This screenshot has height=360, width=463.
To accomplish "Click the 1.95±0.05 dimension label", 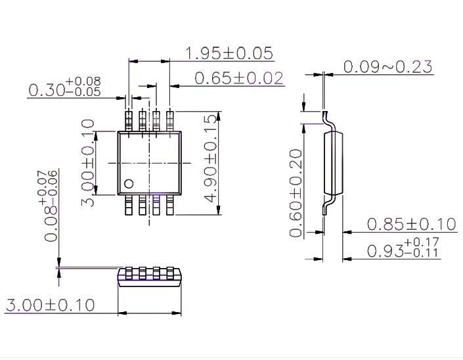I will pyautogui.click(x=229, y=53).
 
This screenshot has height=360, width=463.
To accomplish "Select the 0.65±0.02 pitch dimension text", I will pyautogui.click(x=239, y=78).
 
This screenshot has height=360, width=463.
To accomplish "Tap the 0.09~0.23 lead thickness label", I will pyautogui.click(x=387, y=66).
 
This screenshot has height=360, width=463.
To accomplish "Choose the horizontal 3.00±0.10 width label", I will pyautogui.click(x=50, y=305).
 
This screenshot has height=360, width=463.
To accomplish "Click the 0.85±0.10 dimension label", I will pyautogui.click(x=410, y=224).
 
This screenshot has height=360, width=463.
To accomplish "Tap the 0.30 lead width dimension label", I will pyautogui.click(x=64, y=89).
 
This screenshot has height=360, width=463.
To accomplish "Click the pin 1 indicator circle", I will pyautogui.click(x=129, y=184).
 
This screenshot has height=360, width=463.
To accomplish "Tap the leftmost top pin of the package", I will pyautogui.click(x=129, y=121).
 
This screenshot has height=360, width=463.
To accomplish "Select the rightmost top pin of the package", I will pyautogui.click(x=171, y=121).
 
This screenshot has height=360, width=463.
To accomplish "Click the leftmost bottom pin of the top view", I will pyautogui.click(x=129, y=205).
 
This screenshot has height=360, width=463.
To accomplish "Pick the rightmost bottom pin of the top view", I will pyautogui.click(x=171, y=205).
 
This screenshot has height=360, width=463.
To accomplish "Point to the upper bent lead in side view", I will pyautogui.click(x=328, y=120).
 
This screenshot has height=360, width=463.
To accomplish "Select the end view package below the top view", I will pyautogui.click(x=149, y=277).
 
